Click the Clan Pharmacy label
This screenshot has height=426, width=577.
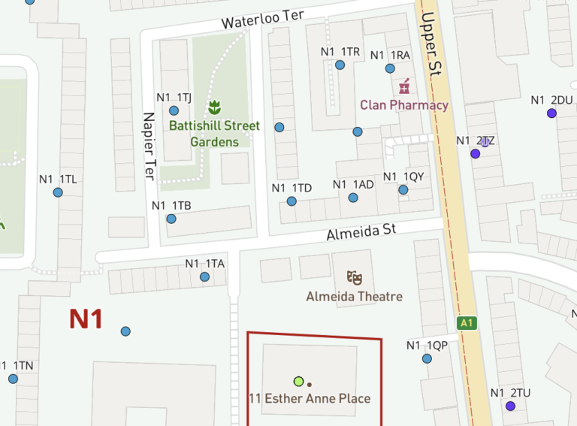(404, 104)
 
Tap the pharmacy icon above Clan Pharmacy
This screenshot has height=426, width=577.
(404, 86)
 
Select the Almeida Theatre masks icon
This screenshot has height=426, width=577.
(355, 278)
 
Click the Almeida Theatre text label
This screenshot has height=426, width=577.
(354, 297)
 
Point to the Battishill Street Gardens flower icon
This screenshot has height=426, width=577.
(214, 106)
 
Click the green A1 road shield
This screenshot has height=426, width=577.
(467, 323)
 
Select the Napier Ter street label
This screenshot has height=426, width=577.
(149, 147)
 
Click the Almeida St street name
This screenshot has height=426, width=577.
(361, 231)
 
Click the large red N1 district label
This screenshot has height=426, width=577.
(86, 319)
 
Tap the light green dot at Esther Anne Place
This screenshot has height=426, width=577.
(299, 381)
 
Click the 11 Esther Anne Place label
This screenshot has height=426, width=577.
(310, 398)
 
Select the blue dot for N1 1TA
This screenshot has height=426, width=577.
(204, 276)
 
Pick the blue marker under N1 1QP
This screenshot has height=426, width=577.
(427, 358)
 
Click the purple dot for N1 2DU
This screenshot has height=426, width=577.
(551, 113)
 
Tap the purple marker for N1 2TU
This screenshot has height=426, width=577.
(510, 406)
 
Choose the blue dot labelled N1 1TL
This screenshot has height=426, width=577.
(58, 192)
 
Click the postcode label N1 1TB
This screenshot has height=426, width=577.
(171, 205)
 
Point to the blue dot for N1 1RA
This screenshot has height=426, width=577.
(390, 68)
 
